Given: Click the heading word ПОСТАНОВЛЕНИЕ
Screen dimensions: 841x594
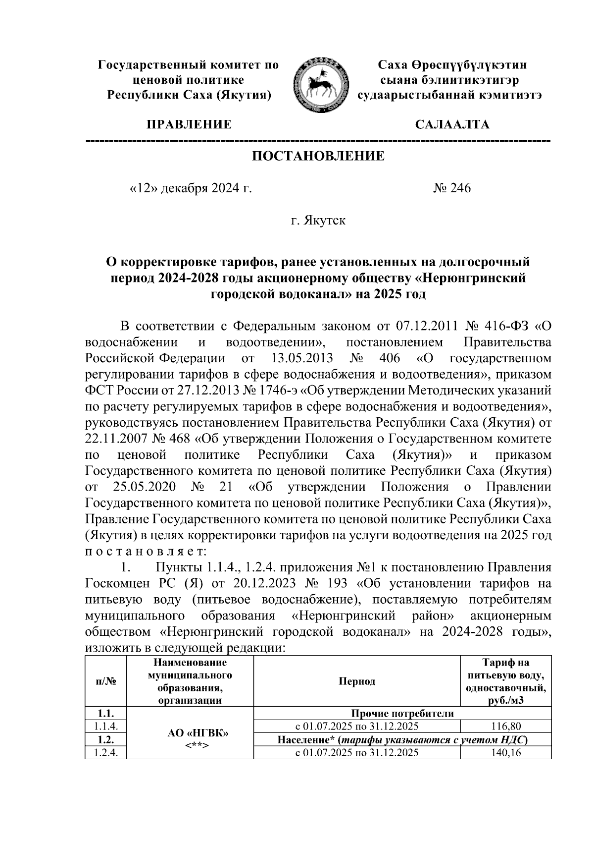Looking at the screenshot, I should (x=318, y=157).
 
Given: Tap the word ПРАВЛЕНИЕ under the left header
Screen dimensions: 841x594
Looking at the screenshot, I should (x=188, y=124).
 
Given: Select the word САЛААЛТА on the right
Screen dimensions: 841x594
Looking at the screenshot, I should (x=452, y=124).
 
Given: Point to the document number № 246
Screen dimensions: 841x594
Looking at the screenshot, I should (x=452, y=188).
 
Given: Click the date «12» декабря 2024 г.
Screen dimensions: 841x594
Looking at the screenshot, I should (x=190, y=188).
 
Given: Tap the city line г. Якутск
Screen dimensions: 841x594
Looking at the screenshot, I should (x=318, y=220).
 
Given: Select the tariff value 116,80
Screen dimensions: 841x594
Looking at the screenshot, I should (x=505, y=727).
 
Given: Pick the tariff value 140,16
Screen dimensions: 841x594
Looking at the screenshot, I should (x=505, y=752).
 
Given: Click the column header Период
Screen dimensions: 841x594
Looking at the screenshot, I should (x=356, y=681).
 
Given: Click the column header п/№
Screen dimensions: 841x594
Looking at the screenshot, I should (x=106, y=681).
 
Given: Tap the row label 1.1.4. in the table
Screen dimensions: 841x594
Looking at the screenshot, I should (x=106, y=727).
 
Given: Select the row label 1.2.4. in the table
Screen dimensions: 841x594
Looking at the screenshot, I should (x=106, y=752).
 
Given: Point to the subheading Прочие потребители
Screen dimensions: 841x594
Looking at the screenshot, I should (x=402, y=714).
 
